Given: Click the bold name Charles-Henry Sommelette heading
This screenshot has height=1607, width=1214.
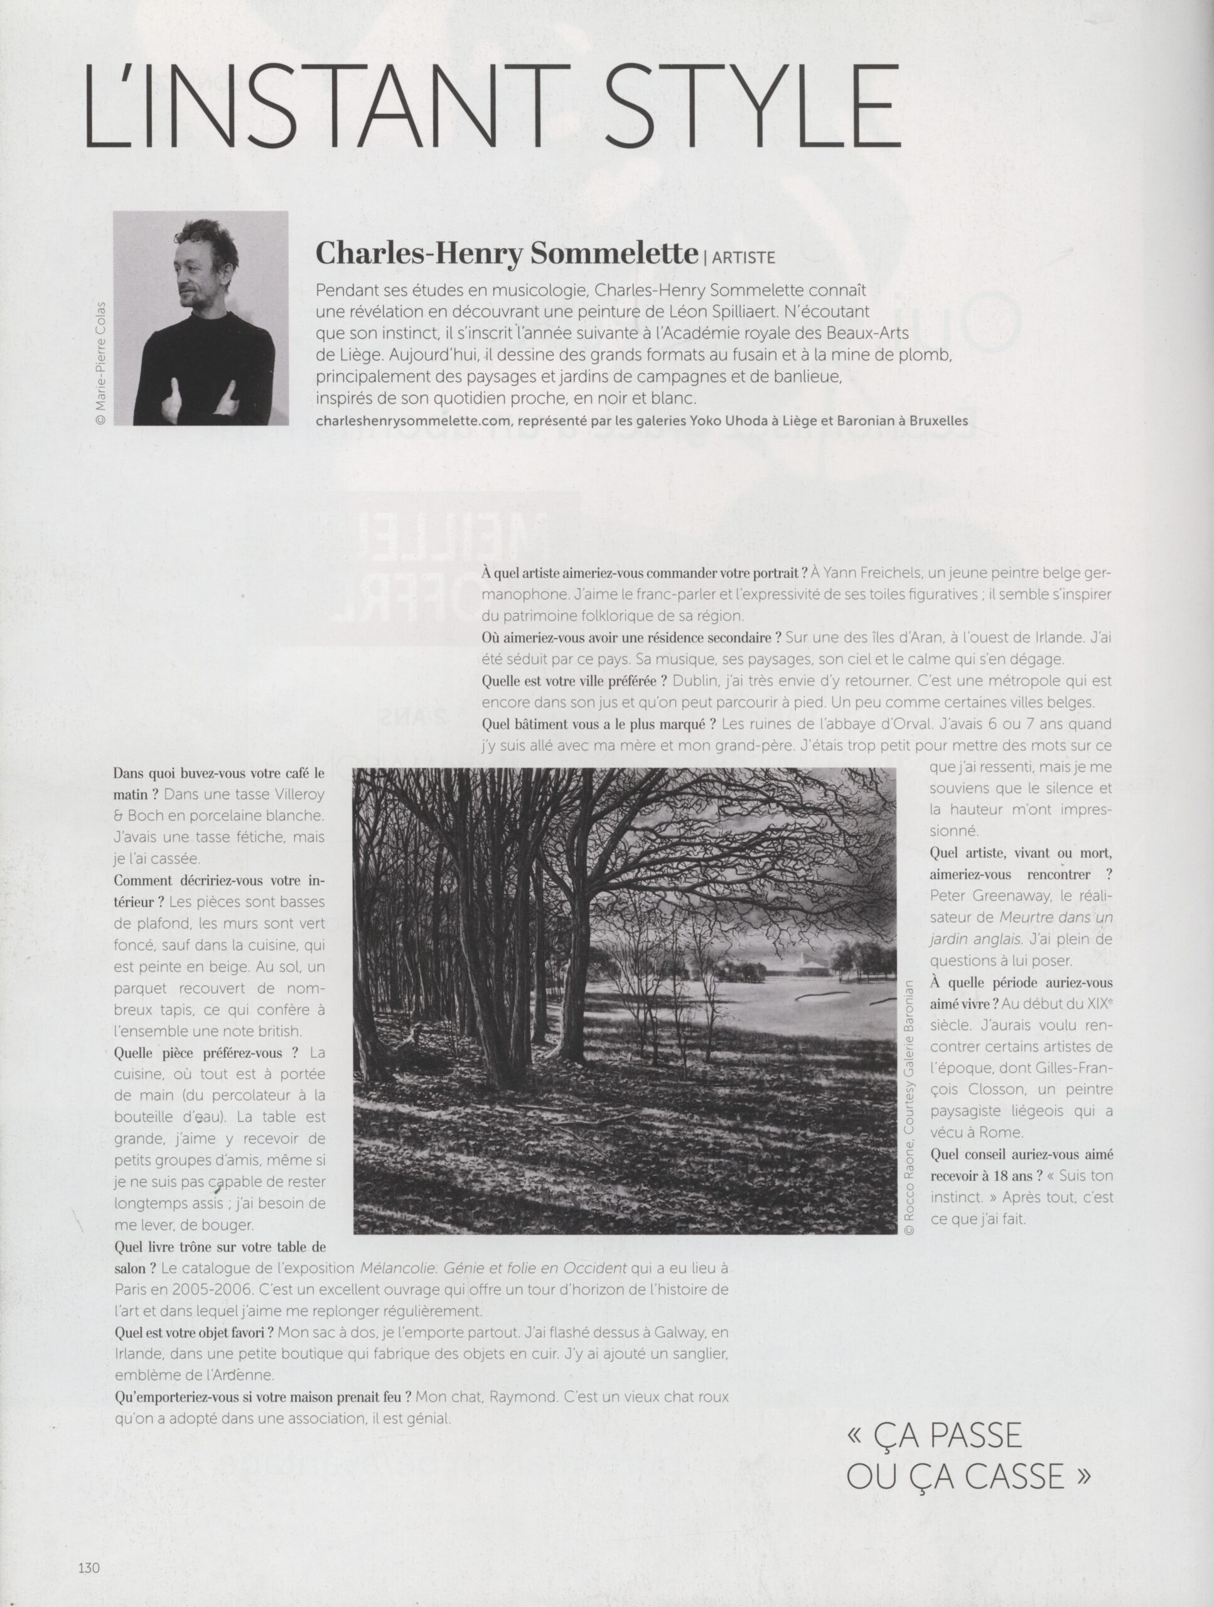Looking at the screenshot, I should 507,254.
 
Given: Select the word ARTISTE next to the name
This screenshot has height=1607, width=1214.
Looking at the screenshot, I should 743,257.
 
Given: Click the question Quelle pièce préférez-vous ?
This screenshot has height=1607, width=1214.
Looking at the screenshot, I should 207,1052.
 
